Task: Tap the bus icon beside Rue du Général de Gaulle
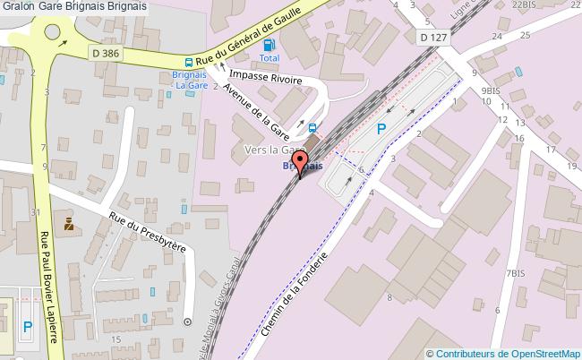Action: click(x=188, y=63)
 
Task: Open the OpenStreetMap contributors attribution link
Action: click(x=504, y=353)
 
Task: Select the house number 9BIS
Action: click(x=490, y=90)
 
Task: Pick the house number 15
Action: click(x=116, y=341)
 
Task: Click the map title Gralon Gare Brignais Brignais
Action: click(x=74, y=6)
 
